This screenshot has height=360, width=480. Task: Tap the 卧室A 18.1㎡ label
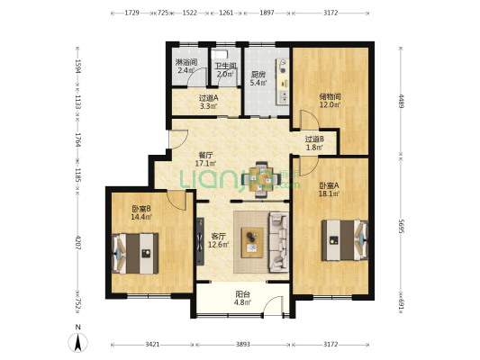328,189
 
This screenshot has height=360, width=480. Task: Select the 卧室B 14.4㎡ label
140,213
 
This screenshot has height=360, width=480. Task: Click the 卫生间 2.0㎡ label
224,70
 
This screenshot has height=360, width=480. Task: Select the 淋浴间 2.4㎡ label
186,66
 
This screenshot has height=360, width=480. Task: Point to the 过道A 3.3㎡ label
207,102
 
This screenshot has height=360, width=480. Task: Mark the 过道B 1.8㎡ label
313,142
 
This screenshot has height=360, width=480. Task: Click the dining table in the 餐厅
262,177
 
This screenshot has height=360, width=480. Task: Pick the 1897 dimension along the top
266,13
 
